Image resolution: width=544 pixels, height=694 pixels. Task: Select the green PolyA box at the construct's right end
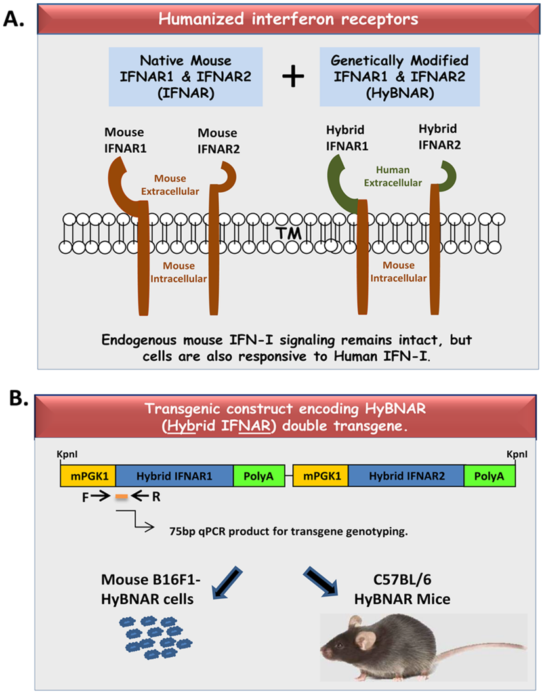click(x=489, y=475)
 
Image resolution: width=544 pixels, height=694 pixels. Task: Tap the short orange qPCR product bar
click(x=121, y=497)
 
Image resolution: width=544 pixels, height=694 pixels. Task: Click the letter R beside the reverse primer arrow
click(x=157, y=497)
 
